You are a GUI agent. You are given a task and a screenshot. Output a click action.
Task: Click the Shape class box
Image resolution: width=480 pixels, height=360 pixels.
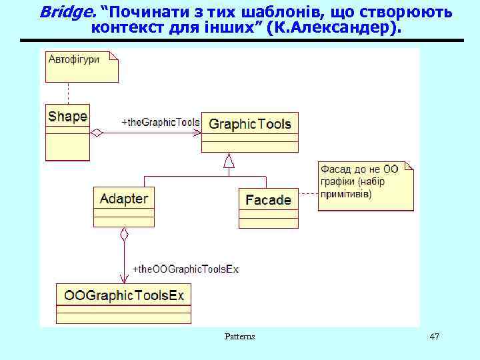click(67, 131)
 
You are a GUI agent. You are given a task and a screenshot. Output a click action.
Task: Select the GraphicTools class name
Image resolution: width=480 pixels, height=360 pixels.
click(250, 124)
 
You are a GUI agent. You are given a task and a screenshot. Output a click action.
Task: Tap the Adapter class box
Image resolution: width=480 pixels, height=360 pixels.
click(124, 207)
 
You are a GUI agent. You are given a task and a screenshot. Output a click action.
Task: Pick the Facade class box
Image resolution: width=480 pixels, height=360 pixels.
click(269, 207)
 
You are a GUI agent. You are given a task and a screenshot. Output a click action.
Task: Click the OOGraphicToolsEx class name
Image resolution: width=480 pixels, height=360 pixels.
click(124, 295)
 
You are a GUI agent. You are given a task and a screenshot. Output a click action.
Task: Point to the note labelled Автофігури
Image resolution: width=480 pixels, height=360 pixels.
click(81, 65)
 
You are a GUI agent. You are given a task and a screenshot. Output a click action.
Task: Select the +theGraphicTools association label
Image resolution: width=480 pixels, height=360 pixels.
click(161, 122)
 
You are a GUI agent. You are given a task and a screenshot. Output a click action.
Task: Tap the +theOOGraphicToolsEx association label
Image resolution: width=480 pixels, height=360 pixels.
click(185, 269)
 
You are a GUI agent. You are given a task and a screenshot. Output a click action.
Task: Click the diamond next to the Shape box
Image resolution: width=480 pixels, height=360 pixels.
click(97, 133)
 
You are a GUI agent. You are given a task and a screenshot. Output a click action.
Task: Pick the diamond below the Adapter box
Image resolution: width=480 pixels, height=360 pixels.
click(123, 234)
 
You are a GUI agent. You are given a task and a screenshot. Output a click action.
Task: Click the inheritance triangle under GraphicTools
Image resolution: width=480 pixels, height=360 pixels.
click(229, 161)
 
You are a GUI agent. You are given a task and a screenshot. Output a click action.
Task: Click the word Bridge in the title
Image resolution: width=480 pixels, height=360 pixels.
click(67, 11)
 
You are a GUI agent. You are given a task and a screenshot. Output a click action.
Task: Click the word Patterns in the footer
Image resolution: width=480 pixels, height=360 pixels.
click(239, 337)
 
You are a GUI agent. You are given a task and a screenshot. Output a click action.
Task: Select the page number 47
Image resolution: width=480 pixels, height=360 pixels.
click(434, 337)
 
